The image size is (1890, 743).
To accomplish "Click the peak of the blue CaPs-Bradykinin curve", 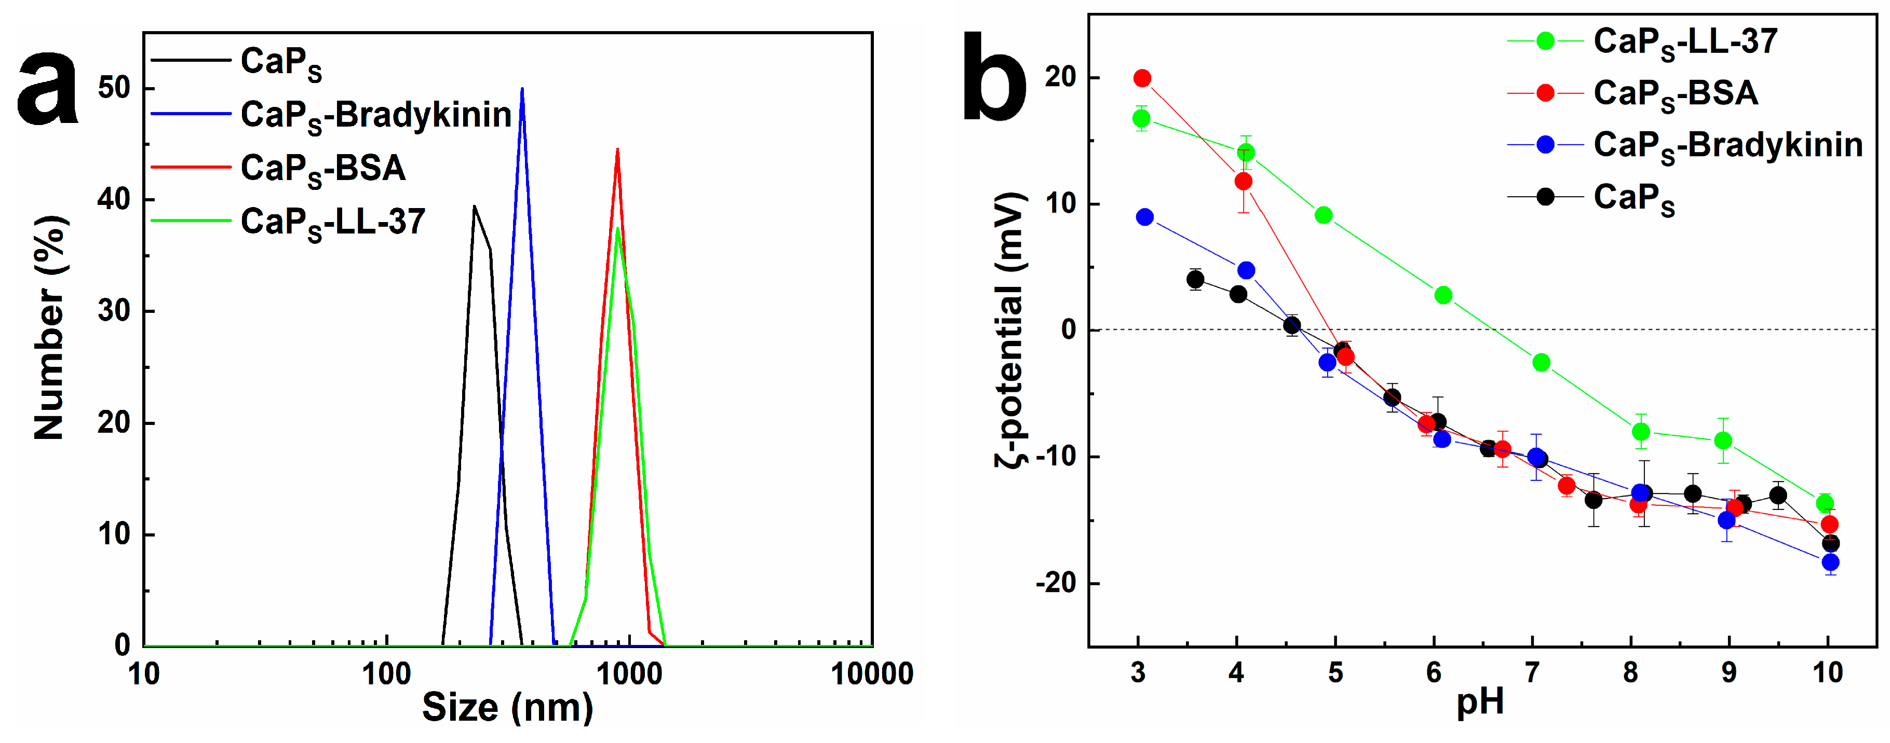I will [x=522, y=89].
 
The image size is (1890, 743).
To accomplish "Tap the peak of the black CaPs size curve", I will [x=475, y=207].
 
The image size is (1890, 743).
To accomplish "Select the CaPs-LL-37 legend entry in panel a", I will [x=332, y=222].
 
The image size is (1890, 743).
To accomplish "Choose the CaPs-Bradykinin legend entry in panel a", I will [x=375, y=115].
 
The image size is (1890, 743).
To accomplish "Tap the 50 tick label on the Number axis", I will [x=114, y=88].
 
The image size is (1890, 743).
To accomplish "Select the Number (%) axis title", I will [x=50, y=328].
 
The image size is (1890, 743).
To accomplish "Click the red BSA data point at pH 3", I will [x=1142, y=78].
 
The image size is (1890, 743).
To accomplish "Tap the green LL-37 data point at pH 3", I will [x=1141, y=118].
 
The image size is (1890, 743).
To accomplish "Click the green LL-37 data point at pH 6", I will [x=1443, y=295].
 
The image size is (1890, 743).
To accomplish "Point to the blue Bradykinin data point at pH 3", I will [x=1144, y=217].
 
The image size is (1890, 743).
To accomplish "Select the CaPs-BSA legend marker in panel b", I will [x=1545, y=93].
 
